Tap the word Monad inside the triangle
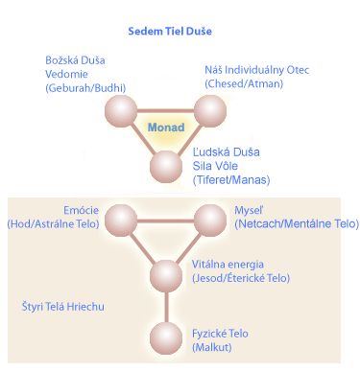point(165,126)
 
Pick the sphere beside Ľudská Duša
point(166,167)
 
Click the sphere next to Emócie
point(123,221)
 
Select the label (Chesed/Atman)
point(244,83)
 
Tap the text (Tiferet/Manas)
point(231,179)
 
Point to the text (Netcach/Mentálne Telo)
point(296,223)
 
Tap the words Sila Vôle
point(217,165)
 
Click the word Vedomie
point(69,74)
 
